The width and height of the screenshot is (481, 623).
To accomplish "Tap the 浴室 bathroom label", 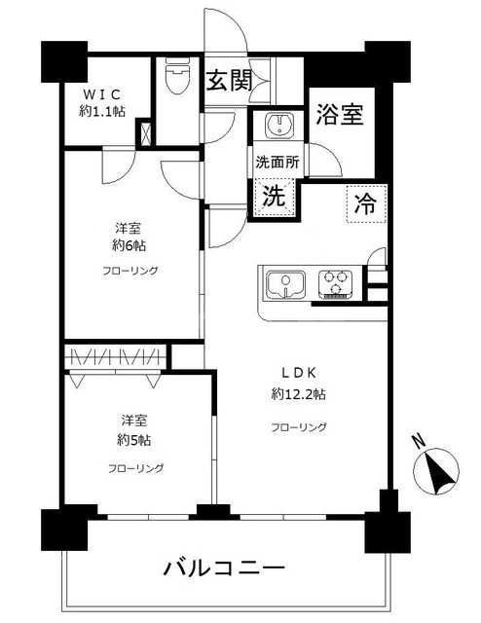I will (x=340, y=116).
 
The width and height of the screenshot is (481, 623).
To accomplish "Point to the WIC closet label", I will (x=101, y=94).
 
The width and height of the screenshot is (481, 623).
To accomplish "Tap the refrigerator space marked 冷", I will (x=365, y=204).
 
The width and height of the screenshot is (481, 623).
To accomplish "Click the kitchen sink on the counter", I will (x=286, y=283).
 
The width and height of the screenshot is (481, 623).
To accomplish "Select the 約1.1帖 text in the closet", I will (x=102, y=111).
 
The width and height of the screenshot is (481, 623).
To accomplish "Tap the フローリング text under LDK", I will (x=299, y=426).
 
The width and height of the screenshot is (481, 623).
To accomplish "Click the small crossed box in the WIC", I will (x=145, y=131).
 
